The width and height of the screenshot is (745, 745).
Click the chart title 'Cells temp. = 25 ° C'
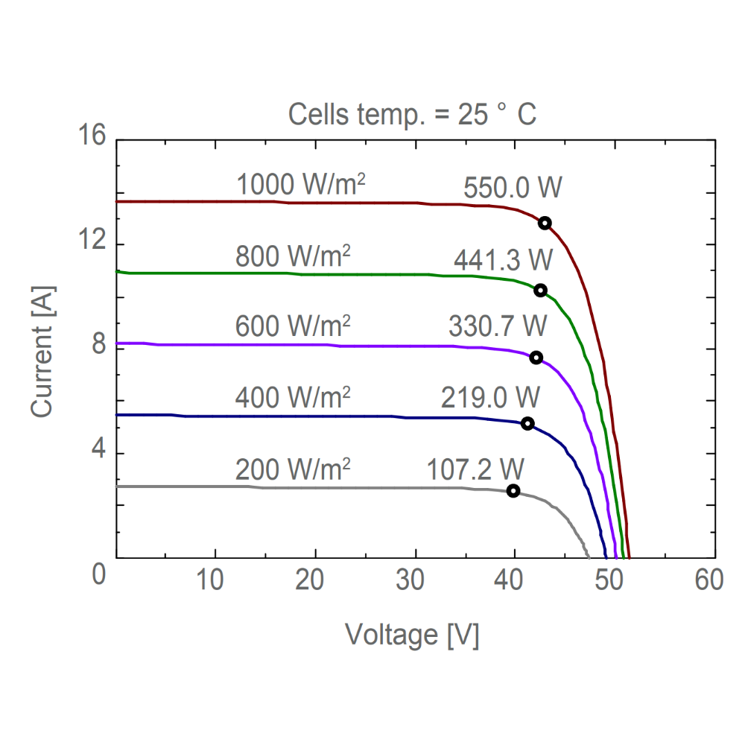(x=412, y=115)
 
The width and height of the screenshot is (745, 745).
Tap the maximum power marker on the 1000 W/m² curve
(x=545, y=223)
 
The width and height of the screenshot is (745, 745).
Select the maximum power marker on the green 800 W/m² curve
(x=540, y=290)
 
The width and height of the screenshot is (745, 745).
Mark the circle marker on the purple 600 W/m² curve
(x=536, y=358)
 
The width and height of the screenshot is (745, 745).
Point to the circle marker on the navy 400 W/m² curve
(x=527, y=423)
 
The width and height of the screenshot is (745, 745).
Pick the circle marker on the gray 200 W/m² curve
(x=513, y=490)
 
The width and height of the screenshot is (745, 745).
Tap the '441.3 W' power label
(x=504, y=260)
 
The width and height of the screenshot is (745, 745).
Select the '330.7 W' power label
(x=498, y=326)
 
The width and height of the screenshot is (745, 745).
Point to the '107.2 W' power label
(x=475, y=469)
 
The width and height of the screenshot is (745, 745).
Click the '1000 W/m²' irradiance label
(x=301, y=184)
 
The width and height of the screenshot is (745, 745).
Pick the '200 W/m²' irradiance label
(x=293, y=470)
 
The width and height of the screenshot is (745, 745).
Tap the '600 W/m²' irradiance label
(x=293, y=326)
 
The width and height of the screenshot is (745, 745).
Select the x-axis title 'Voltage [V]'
(x=412, y=635)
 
